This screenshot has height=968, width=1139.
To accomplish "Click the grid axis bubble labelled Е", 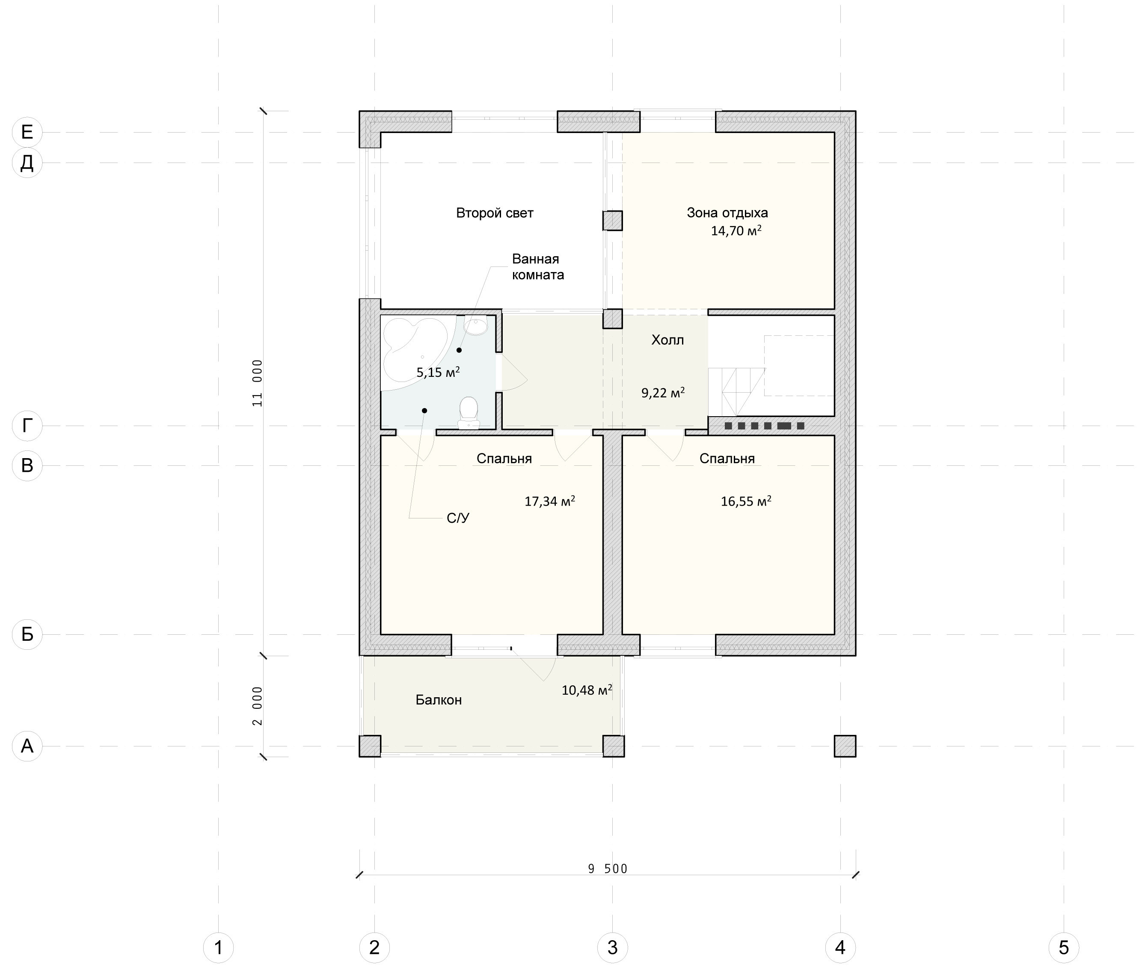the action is tap(27, 132).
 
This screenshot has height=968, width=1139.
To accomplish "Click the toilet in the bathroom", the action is tap(468, 413).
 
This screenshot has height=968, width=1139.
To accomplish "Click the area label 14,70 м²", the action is tap(736, 231).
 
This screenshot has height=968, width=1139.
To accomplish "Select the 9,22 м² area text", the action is tap(662, 392).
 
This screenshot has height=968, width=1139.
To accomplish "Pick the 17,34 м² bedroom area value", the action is tap(549, 500).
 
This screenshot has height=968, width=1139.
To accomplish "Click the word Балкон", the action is tap(438, 700).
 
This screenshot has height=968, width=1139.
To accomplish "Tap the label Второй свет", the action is tap(495, 213).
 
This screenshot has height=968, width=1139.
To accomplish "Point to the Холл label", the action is tap(667, 340).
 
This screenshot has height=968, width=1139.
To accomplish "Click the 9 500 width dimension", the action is tap(607, 869).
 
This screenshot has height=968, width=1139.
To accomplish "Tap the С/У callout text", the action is tap(458, 518).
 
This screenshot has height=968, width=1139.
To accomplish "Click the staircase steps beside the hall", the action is tap(736, 392).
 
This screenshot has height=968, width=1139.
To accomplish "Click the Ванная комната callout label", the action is tap(538, 266).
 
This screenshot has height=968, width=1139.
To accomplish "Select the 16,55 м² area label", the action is tap(745, 500).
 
